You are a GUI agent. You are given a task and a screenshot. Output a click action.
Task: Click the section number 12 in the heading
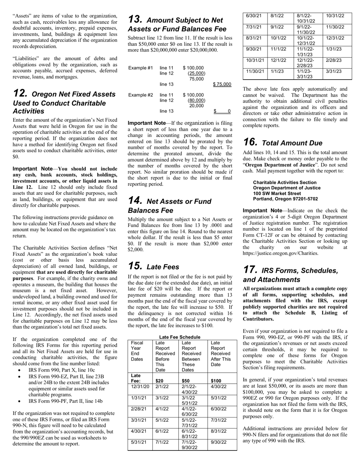(x=20, y=94)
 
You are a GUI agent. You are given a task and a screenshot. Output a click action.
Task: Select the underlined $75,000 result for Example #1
(x=222, y=84)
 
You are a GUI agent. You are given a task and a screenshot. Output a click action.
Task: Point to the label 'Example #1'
(x=141, y=68)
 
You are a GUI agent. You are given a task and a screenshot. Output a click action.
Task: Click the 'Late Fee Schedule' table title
(x=180, y=337)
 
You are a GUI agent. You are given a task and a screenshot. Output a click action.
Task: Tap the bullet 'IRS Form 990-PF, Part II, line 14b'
(x=65, y=401)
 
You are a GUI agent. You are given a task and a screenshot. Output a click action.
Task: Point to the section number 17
(x=250, y=270)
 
